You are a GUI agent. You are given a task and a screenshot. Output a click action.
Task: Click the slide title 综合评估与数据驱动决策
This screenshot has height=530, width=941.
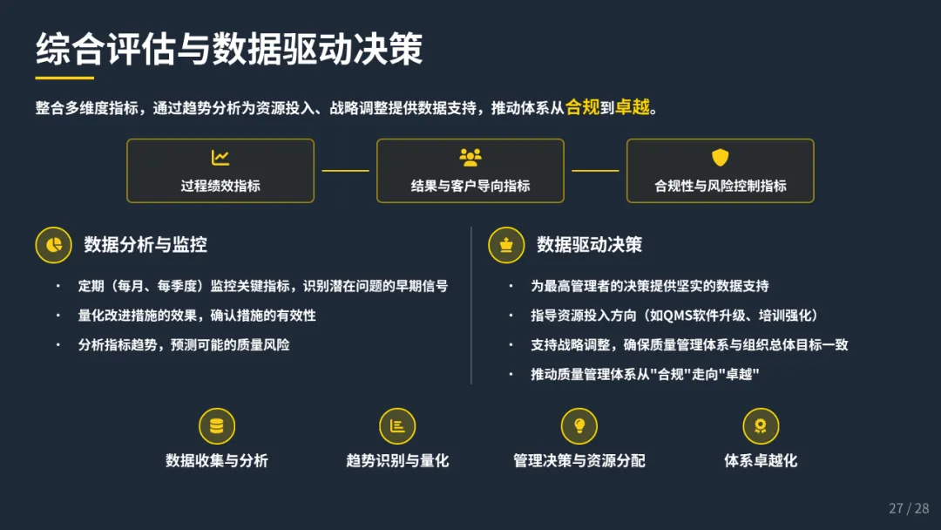[x=229, y=50]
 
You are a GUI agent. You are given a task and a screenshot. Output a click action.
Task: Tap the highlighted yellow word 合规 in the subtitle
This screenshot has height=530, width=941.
[x=583, y=108]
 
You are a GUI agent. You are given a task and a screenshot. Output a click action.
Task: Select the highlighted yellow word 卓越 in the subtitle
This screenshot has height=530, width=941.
[x=633, y=108]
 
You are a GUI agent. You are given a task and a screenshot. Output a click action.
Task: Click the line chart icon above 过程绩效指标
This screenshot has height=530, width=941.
[x=220, y=158]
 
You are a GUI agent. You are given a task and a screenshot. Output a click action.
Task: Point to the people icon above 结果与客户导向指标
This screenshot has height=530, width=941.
[x=470, y=158]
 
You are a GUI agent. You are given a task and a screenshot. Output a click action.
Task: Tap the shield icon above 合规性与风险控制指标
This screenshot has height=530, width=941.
[x=720, y=158]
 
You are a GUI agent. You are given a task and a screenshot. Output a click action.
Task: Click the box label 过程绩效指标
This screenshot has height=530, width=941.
[x=220, y=186]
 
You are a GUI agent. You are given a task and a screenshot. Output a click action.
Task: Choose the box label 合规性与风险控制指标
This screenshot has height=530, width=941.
[x=720, y=186]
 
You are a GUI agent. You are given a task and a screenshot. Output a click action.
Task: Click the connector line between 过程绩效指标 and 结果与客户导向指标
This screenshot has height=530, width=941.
[x=345, y=171]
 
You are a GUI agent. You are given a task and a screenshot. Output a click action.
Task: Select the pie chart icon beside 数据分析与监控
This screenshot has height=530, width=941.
[x=53, y=245]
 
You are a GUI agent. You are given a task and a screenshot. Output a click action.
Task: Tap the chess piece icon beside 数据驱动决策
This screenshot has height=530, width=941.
[x=506, y=245]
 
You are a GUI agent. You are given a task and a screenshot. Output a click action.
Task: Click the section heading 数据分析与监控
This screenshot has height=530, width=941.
[x=146, y=245]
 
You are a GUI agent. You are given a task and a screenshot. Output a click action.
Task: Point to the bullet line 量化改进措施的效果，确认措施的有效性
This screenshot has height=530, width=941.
[x=197, y=316]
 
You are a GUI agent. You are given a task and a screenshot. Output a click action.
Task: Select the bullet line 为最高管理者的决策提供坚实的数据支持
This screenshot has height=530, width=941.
[x=650, y=286]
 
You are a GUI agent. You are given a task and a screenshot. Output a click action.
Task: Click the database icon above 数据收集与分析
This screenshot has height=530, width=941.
[x=217, y=425]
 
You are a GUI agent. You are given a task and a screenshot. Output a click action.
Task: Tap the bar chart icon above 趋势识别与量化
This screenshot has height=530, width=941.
[x=397, y=425]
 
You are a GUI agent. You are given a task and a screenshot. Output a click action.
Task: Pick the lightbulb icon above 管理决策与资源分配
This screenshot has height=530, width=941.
[x=579, y=425]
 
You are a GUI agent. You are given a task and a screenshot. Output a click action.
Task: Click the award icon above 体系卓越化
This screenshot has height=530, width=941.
[x=761, y=425]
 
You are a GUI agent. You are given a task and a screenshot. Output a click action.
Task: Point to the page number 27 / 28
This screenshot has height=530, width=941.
[x=909, y=508]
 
